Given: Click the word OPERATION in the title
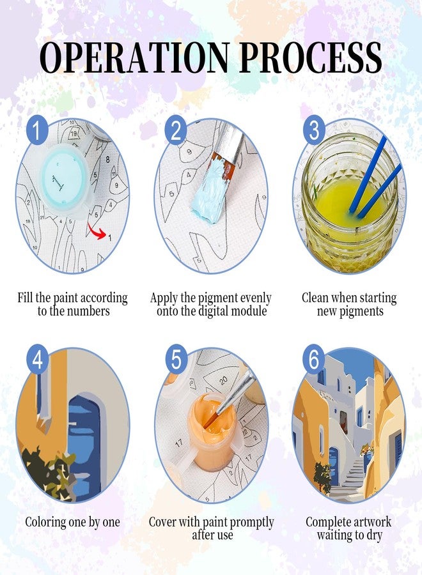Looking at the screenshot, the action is point(135,57).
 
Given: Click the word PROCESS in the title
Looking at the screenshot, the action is point(311,57).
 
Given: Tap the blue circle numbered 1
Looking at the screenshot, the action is point(37,130).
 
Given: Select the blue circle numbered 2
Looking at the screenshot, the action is point(176,130).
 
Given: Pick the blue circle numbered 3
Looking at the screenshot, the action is point(314,130).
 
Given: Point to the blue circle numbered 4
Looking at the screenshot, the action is point(38,359).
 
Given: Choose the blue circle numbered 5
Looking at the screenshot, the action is point(176,359).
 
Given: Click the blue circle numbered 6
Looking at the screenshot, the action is point(314,359).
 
